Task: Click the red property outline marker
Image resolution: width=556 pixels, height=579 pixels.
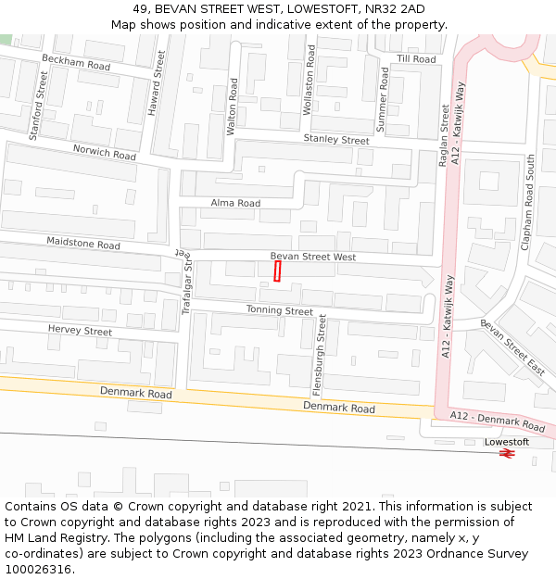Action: (x=277, y=271)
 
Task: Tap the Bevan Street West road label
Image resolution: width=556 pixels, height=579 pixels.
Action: (x=312, y=257)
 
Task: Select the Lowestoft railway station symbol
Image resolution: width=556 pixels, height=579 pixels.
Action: (x=506, y=454)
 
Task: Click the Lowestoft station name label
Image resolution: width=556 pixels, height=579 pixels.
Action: (x=506, y=442)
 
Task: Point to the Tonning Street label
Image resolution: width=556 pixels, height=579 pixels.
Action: (x=279, y=311)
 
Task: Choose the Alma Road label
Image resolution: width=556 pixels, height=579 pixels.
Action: (x=235, y=203)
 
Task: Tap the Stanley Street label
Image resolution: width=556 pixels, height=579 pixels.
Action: (x=335, y=140)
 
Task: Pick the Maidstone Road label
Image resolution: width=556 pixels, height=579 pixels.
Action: (x=83, y=245)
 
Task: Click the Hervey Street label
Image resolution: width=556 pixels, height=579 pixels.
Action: (x=80, y=331)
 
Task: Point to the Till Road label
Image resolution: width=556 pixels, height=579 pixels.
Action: (x=416, y=59)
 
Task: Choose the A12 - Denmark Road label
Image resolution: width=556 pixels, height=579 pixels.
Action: (x=498, y=422)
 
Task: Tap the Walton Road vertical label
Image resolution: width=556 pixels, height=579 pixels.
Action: (x=233, y=107)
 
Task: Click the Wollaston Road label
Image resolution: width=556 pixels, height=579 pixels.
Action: (x=310, y=80)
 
